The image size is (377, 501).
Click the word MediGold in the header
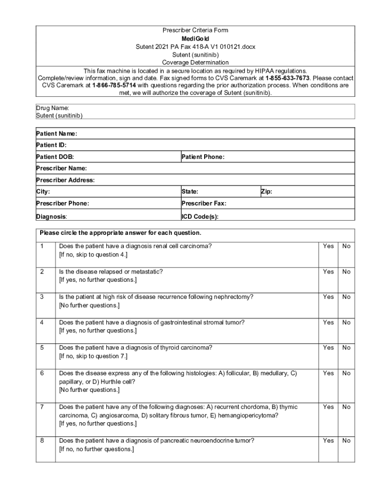point(195,39)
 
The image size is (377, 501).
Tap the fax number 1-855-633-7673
point(287,78)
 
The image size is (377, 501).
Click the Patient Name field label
point(57,134)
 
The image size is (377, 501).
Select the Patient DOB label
point(55,157)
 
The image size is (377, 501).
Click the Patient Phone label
point(203,157)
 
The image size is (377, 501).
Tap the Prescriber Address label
point(65,180)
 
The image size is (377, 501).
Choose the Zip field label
point(267,192)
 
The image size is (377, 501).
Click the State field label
point(190,192)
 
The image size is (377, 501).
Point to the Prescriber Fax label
point(204,204)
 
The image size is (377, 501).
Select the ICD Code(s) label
point(200,216)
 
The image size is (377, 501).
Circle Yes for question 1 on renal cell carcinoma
point(328,246)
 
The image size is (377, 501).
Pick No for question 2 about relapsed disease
point(346,272)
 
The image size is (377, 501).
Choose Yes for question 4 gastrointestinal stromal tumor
point(328,322)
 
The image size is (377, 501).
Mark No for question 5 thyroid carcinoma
point(346,348)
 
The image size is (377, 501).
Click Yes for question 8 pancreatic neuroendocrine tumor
point(328,441)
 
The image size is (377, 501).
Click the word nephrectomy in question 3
point(235,297)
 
